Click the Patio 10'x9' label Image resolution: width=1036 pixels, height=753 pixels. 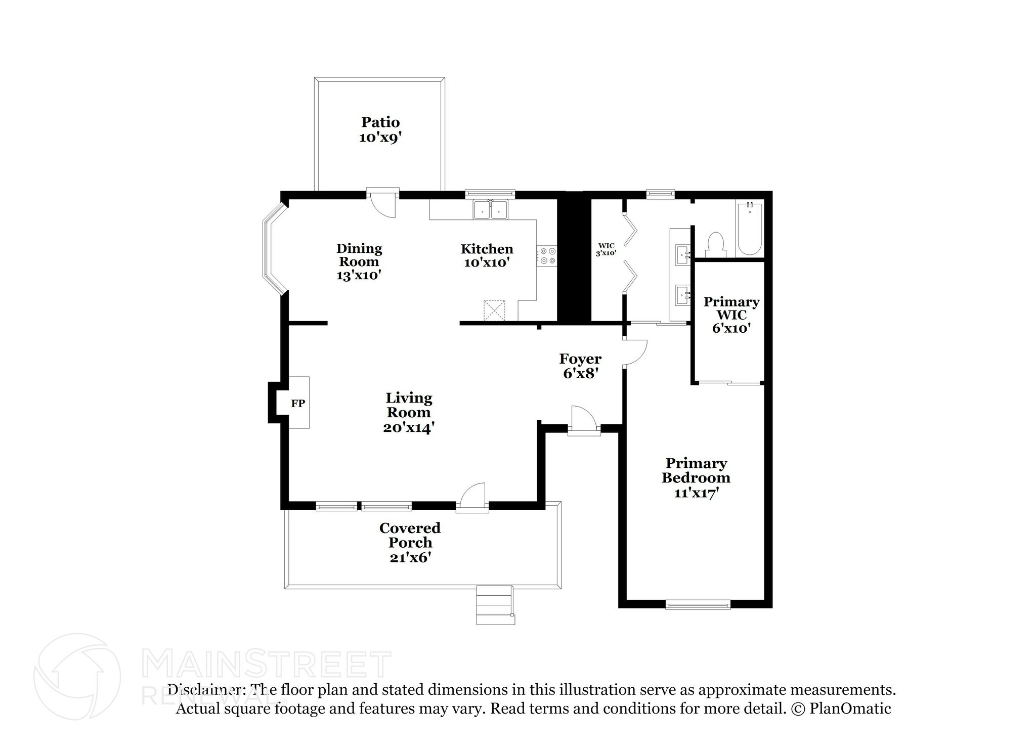click(380, 129)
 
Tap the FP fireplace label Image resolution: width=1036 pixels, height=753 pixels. click(298, 403)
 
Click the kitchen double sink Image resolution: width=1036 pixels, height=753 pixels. click(491, 209)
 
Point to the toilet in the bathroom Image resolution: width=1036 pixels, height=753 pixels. click(716, 245)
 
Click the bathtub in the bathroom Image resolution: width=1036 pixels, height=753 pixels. click(749, 229)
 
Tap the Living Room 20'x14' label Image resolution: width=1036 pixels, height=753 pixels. click(409, 413)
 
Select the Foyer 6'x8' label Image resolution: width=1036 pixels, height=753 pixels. click(580, 366)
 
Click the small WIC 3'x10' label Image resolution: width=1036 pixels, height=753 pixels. click(606, 249)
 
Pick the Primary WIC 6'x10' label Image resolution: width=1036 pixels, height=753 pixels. click(731, 315)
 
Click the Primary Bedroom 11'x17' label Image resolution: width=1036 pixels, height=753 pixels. click(696, 477)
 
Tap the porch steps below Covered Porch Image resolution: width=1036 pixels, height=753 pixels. click(495, 604)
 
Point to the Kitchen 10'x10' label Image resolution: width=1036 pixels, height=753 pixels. click(487, 255)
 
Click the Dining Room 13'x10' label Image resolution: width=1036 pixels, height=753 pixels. click(359, 261)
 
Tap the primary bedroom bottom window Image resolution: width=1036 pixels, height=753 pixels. click(698, 604)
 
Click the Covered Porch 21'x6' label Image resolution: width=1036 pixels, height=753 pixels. click(410, 542)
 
